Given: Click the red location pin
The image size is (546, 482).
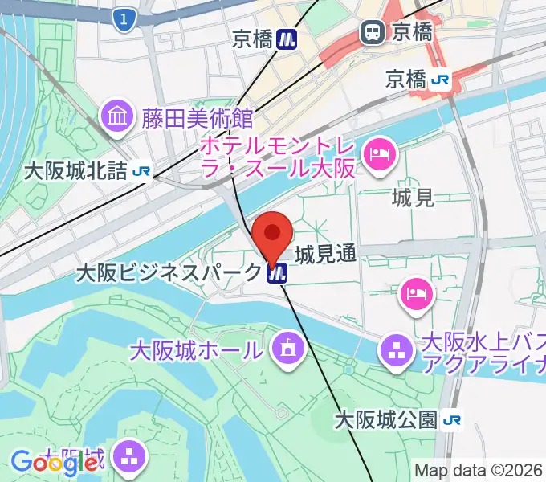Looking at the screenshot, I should point(272,235).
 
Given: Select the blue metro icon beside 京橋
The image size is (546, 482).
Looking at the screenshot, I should point(286,38).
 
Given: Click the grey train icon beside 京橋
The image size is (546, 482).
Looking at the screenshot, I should point(372,32).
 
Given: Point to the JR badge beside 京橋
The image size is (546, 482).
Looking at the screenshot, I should point(439,79).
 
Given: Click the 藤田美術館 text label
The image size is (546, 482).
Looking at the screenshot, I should point(198,119).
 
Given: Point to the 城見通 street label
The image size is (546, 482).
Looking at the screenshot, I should point(325,255).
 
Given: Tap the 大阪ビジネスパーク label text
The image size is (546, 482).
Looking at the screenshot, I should point(168,273).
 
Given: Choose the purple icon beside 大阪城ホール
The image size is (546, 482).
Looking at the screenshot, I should point(285,349).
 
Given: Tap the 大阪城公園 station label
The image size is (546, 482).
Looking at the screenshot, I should point(385,419).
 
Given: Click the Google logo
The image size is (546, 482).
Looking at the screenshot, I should point(55,463).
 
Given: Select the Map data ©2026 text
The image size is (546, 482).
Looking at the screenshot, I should point(479,470).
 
